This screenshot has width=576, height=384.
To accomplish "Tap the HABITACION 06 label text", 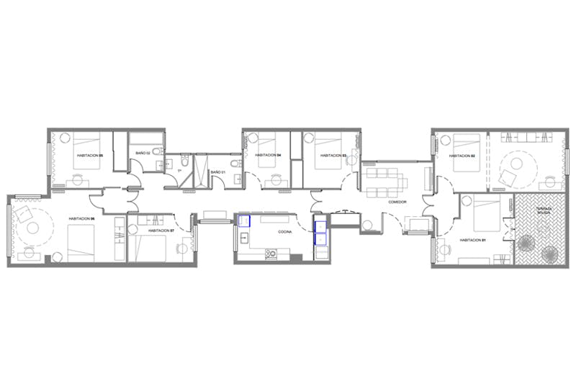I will click(83, 218).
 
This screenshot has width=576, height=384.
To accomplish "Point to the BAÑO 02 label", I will click(143, 153).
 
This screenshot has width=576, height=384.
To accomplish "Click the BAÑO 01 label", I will click(217, 172).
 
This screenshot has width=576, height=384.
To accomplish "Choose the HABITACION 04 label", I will click(267, 156).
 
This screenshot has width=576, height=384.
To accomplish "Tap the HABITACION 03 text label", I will click(333, 156).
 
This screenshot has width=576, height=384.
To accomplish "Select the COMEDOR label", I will click(397, 202).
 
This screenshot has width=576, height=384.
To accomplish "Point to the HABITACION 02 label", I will click(462, 156).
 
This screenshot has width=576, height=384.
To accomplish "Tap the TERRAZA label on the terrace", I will click(544, 211).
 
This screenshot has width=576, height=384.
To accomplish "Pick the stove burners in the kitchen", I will click(271, 253).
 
